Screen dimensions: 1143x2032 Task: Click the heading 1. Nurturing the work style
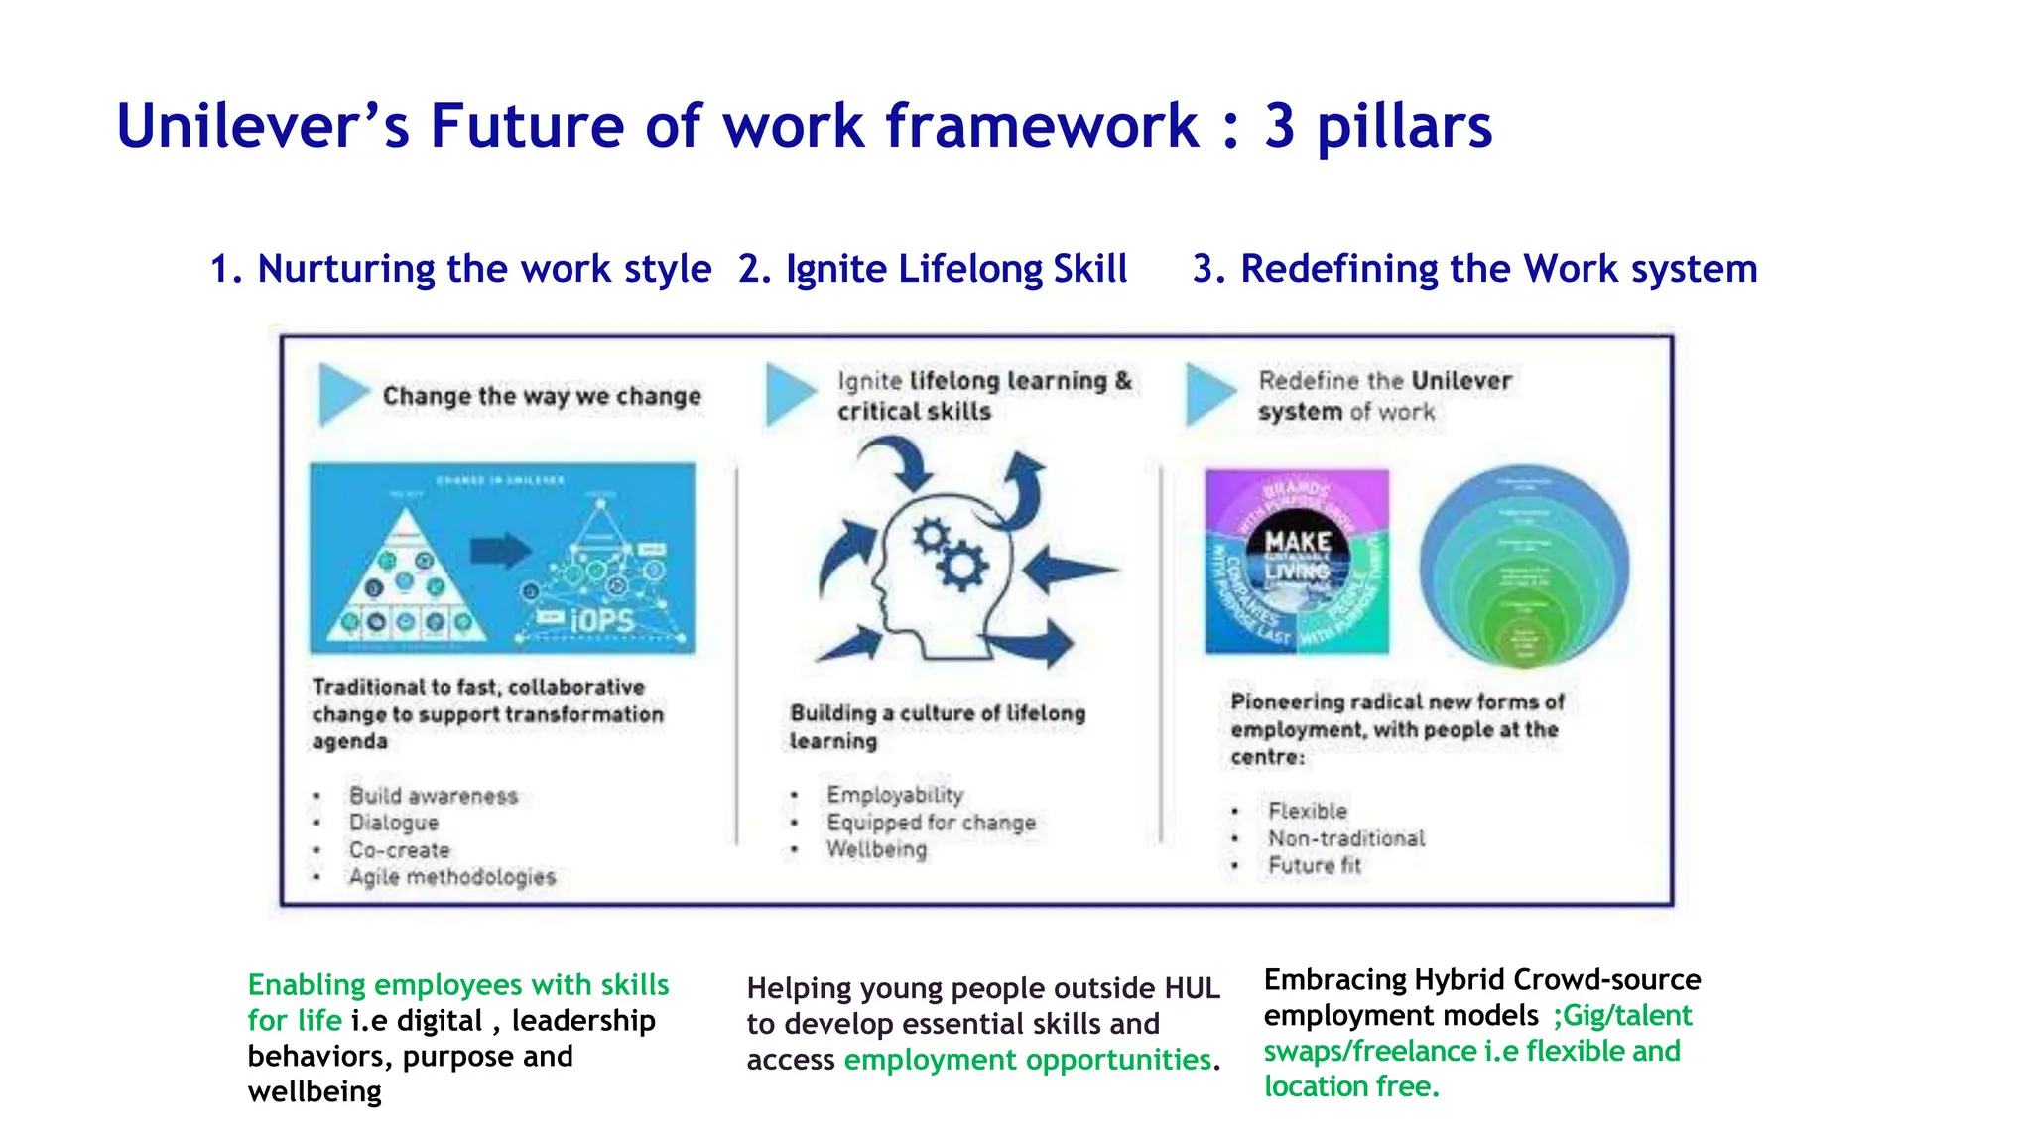pos(460,269)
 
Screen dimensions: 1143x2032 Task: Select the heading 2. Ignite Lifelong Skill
pos(932,269)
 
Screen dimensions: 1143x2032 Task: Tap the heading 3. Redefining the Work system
pos(1474,269)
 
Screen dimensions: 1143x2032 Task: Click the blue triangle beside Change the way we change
pos(340,394)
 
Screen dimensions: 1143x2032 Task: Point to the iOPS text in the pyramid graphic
pos(602,621)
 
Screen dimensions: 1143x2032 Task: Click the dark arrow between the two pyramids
pos(500,550)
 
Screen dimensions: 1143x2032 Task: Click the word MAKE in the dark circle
pos(1297,542)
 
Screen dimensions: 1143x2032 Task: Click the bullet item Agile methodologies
pos(451,877)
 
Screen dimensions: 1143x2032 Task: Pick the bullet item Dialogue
pos(393,823)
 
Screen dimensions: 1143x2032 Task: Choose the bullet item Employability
pos(895,795)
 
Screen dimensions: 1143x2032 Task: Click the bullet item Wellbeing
pos(877,849)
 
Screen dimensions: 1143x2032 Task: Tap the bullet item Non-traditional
pos(1346,838)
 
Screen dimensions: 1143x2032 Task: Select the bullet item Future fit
pos(1315,865)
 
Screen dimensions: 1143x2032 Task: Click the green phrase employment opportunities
pos(1027,1060)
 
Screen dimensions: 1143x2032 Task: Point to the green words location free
pos(1350,1086)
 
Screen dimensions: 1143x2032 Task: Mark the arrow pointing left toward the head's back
pos(1070,571)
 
